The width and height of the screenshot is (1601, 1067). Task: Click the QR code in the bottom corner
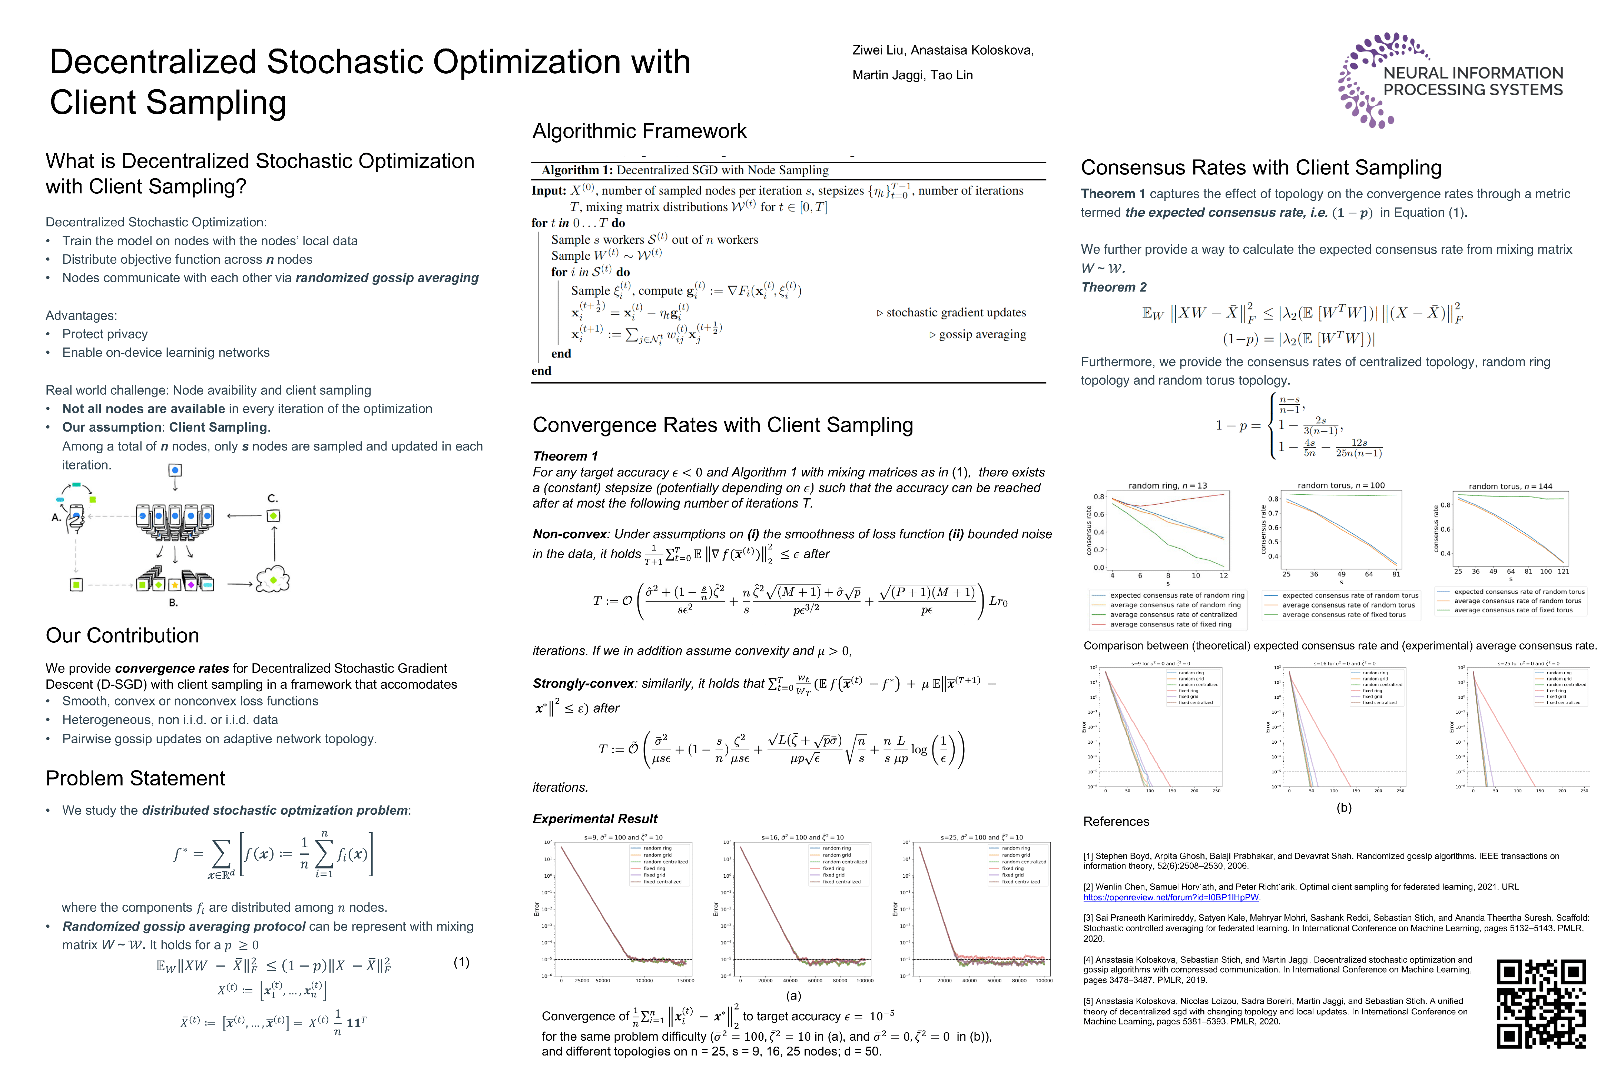pos(1541,1004)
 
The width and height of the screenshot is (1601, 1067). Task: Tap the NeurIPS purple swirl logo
pos(1375,80)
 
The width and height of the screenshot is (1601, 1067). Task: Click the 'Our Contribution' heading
pos(123,636)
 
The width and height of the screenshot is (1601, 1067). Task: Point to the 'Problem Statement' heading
pos(135,778)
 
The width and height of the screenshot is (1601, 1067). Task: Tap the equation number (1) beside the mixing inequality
pos(461,962)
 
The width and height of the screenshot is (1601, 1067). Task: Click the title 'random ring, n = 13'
pos(1167,486)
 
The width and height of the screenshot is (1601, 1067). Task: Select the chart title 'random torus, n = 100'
pos(1341,486)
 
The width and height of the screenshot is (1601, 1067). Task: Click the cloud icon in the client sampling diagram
pos(273,579)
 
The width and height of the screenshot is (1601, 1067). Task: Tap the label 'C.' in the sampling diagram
pos(272,499)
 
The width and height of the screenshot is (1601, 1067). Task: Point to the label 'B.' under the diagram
pos(173,603)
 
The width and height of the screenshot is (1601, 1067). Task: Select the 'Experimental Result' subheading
pos(595,819)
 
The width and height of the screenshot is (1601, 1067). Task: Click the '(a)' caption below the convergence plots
pos(793,995)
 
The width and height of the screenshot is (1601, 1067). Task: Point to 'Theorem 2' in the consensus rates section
pos(1114,287)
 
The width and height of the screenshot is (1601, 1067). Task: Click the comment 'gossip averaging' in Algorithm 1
pos(982,334)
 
